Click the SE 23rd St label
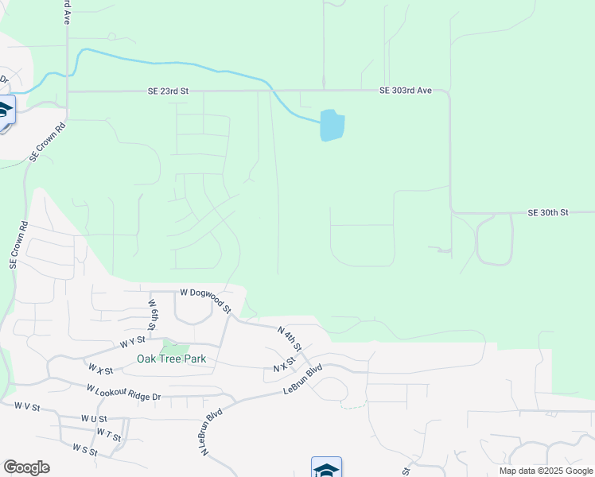(x=168, y=91)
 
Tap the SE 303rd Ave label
(x=405, y=91)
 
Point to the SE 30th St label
(x=548, y=213)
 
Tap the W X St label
(x=101, y=370)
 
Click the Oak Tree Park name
(x=171, y=359)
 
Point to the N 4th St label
(x=290, y=339)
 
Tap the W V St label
(x=27, y=405)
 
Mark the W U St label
(x=94, y=418)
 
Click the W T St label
(x=109, y=434)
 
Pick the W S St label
(x=84, y=449)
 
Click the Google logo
(x=26, y=467)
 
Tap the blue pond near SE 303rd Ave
(x=332, y=126)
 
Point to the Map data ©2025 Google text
(x=545, y=471)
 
